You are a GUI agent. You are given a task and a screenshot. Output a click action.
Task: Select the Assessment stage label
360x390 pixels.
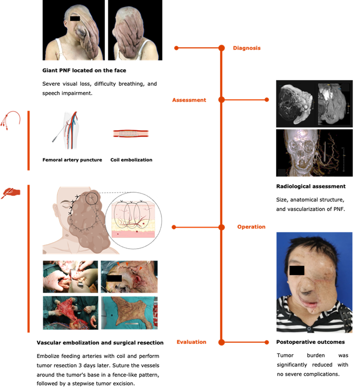coord(189,100)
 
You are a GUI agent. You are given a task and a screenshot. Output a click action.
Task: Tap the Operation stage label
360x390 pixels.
coord(251,227)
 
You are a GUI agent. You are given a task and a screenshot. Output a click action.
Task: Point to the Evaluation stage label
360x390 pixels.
coord(191,342)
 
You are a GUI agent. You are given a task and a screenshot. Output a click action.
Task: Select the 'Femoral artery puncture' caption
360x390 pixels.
coord(71,160)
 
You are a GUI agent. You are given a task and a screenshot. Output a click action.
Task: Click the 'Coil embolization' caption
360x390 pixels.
coord(131,160)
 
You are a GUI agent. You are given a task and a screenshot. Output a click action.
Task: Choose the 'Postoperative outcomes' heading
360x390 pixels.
coord(310,342)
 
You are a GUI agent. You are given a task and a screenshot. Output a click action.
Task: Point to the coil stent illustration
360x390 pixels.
coord(131,134)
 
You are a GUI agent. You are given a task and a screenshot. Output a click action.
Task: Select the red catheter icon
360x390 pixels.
coord(12,121)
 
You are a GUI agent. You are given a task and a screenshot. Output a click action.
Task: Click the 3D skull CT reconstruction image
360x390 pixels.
coord(314,153)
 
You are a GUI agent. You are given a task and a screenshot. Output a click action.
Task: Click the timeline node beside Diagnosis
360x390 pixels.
coord(222,48)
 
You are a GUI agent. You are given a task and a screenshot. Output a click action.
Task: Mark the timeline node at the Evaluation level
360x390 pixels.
coord(222,341)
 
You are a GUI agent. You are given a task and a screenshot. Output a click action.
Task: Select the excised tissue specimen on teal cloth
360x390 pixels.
coord(129,313)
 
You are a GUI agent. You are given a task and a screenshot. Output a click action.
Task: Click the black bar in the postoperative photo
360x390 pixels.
coord(297,270)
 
